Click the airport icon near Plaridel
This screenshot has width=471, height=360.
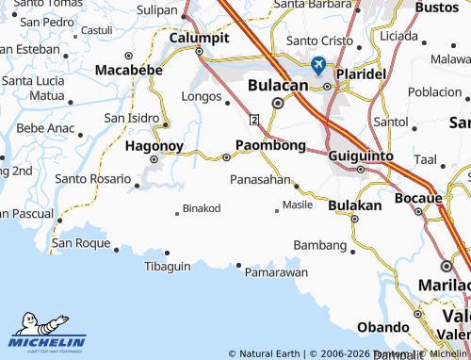point(317,65)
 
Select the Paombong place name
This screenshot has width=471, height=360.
point(270,144)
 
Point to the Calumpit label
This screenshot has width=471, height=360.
point(199,38)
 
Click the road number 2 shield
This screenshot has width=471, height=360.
point(254,120)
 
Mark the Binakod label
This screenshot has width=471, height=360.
point(201,207)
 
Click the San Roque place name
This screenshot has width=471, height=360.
point(81,242)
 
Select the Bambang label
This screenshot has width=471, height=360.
point(320,245)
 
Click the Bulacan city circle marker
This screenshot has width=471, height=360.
point(276,103)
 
